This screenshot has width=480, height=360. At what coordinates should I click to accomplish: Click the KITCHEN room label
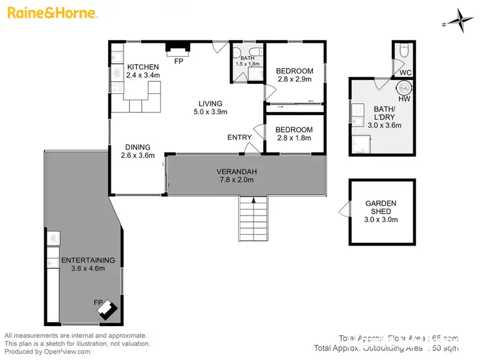pos(142,67)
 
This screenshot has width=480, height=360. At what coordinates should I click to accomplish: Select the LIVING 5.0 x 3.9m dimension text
pos(210,112)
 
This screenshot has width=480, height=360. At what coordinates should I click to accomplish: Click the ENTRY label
pos(239,137)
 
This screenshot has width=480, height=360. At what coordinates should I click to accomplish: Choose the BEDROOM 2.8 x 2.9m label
pos(294,71)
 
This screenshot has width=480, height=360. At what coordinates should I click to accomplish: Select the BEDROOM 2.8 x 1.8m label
pos(294,130)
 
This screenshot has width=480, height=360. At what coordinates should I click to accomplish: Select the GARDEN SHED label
pos(381,204)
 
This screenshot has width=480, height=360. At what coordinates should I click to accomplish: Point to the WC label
pos(405,73)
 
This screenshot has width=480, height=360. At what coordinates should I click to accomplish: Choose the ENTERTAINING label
pos(88,260)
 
